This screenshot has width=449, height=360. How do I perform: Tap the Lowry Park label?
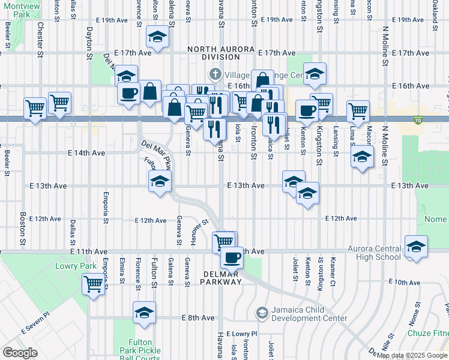[x=67, y=266]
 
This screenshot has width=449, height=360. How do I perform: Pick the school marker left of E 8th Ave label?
[x=144, y=313]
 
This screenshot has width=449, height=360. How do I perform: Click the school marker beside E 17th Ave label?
[x=157, y=38]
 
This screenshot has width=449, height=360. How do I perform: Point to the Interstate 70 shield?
[x=418, y=121]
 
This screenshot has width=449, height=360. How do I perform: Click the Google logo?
[x=20, y=352]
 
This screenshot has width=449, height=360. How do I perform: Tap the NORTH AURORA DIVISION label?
[x=217, y=53]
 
